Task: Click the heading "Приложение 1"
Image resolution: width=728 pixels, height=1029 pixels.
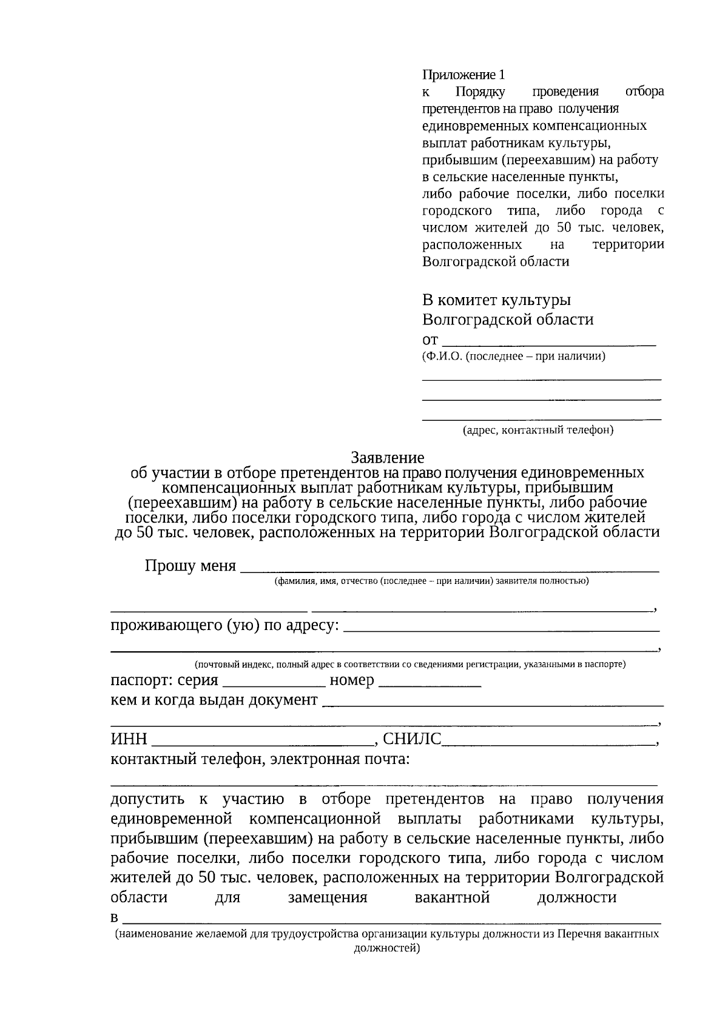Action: point(463,75)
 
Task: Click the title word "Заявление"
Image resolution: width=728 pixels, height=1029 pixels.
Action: point(388,458)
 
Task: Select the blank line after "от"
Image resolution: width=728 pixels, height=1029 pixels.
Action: point(549,341)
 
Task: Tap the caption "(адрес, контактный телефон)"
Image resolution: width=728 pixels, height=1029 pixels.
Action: point(538,430)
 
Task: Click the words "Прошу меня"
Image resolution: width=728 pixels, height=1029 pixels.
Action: point(190,566)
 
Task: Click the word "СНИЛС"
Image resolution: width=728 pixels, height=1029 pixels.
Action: point(412,739)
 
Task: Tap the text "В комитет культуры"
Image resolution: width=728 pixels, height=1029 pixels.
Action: point(496,300)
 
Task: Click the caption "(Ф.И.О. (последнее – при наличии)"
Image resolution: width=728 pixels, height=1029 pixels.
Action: point(513,356)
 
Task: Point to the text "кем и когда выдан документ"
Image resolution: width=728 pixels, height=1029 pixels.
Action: point(214,700)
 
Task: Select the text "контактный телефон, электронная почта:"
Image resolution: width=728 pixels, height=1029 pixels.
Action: point(260,759)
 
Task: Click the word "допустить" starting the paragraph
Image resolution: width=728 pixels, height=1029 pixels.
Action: point(147,799)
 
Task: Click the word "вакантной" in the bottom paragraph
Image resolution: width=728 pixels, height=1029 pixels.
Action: point(452,897)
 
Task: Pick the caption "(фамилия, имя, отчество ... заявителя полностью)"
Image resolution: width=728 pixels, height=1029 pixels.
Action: point(431,581)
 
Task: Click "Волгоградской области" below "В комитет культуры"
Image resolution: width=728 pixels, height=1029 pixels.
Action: point(508,320)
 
